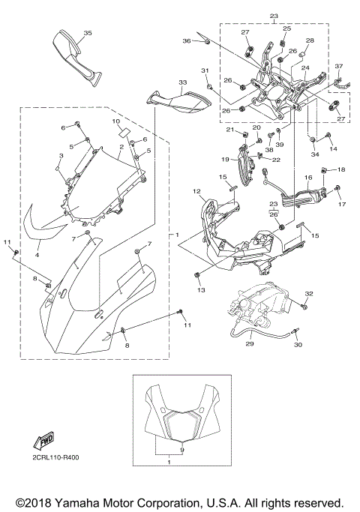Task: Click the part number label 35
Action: click(88, 34)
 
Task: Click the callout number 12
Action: click(196, 192)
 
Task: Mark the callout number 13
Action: click(200, 289)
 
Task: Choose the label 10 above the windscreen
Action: click(116, 121)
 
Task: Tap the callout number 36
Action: click(187, 40)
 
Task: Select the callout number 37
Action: click(338, 66)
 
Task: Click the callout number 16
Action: click(307, 178)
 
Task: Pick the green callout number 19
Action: click(224, 160)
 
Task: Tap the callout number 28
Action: click(310, 40)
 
